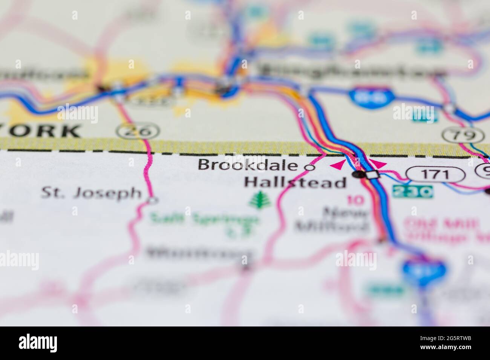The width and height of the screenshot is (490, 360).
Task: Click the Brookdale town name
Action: [x=248, y=165]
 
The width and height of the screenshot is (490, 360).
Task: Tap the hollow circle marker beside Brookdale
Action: [x=310, y=168]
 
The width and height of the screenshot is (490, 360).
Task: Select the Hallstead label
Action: [x=295, y=183]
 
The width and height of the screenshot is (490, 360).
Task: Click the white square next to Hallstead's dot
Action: [x=373, y=174]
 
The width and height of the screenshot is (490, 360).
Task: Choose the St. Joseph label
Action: [x=91, y=193]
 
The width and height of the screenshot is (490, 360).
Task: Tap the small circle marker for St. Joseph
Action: [x=152, y=200]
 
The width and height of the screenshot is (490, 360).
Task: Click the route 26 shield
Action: [x=138, y=131]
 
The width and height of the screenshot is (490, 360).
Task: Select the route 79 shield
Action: [x=464, y=135]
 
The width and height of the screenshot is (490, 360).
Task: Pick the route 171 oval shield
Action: [x=435, y=174]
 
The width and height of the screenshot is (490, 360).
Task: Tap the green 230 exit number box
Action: [x=412, y=192]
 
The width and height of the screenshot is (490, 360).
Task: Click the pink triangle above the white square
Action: [x=379, y=163]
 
